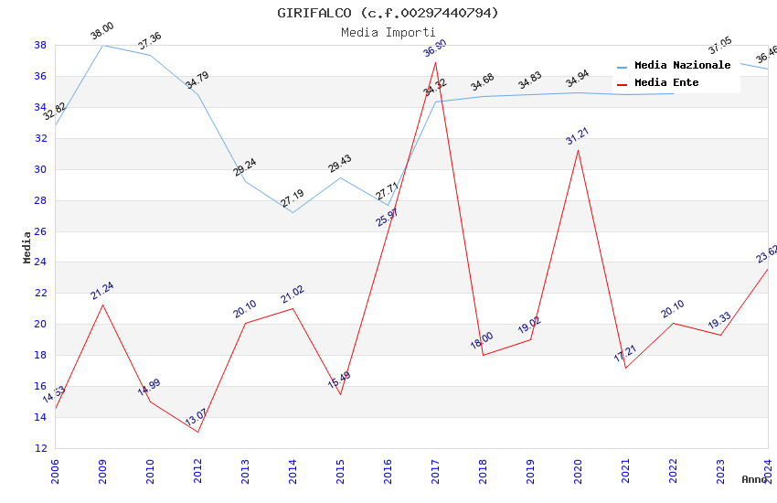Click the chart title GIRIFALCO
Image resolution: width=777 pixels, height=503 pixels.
388,13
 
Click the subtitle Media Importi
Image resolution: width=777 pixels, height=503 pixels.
388,32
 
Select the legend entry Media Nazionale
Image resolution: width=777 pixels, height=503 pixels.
682,66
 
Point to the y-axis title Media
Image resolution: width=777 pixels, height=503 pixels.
27,247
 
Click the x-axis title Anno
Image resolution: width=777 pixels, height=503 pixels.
754,479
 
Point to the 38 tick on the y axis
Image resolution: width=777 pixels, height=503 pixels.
40,45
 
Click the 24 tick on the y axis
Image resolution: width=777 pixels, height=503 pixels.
40,262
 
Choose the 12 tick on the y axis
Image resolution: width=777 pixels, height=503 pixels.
40,448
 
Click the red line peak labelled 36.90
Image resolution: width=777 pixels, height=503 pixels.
435,62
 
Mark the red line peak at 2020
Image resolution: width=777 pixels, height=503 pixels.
578,150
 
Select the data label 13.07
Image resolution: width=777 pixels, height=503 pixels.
197,418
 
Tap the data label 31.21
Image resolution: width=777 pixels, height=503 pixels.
578,137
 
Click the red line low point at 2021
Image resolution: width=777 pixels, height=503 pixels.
625,368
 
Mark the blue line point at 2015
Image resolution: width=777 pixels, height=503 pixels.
340,177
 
